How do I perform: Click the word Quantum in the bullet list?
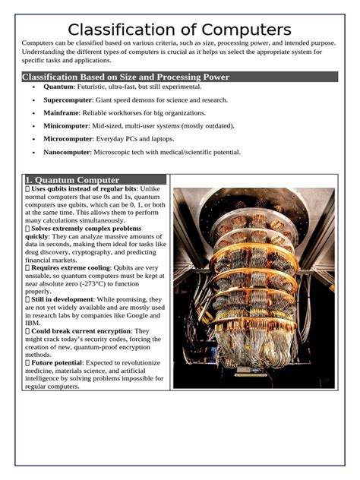[x=58, y=87]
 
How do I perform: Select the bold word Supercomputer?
[x=68, y=100]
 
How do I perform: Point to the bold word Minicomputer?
[x=66, y=126]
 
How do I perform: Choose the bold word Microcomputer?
[x=68, y=139]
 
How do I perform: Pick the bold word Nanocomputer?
[x=67, y=152]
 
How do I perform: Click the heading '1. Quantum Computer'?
[x=71, y=180]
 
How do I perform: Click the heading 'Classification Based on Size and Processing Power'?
[x=125, y=77]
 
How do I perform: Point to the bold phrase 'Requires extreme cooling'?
[x=71, y=267]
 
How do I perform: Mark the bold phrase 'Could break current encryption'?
[x=81, y=331]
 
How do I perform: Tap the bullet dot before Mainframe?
[x=34, y=113]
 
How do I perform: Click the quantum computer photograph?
[x=253, y=288]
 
